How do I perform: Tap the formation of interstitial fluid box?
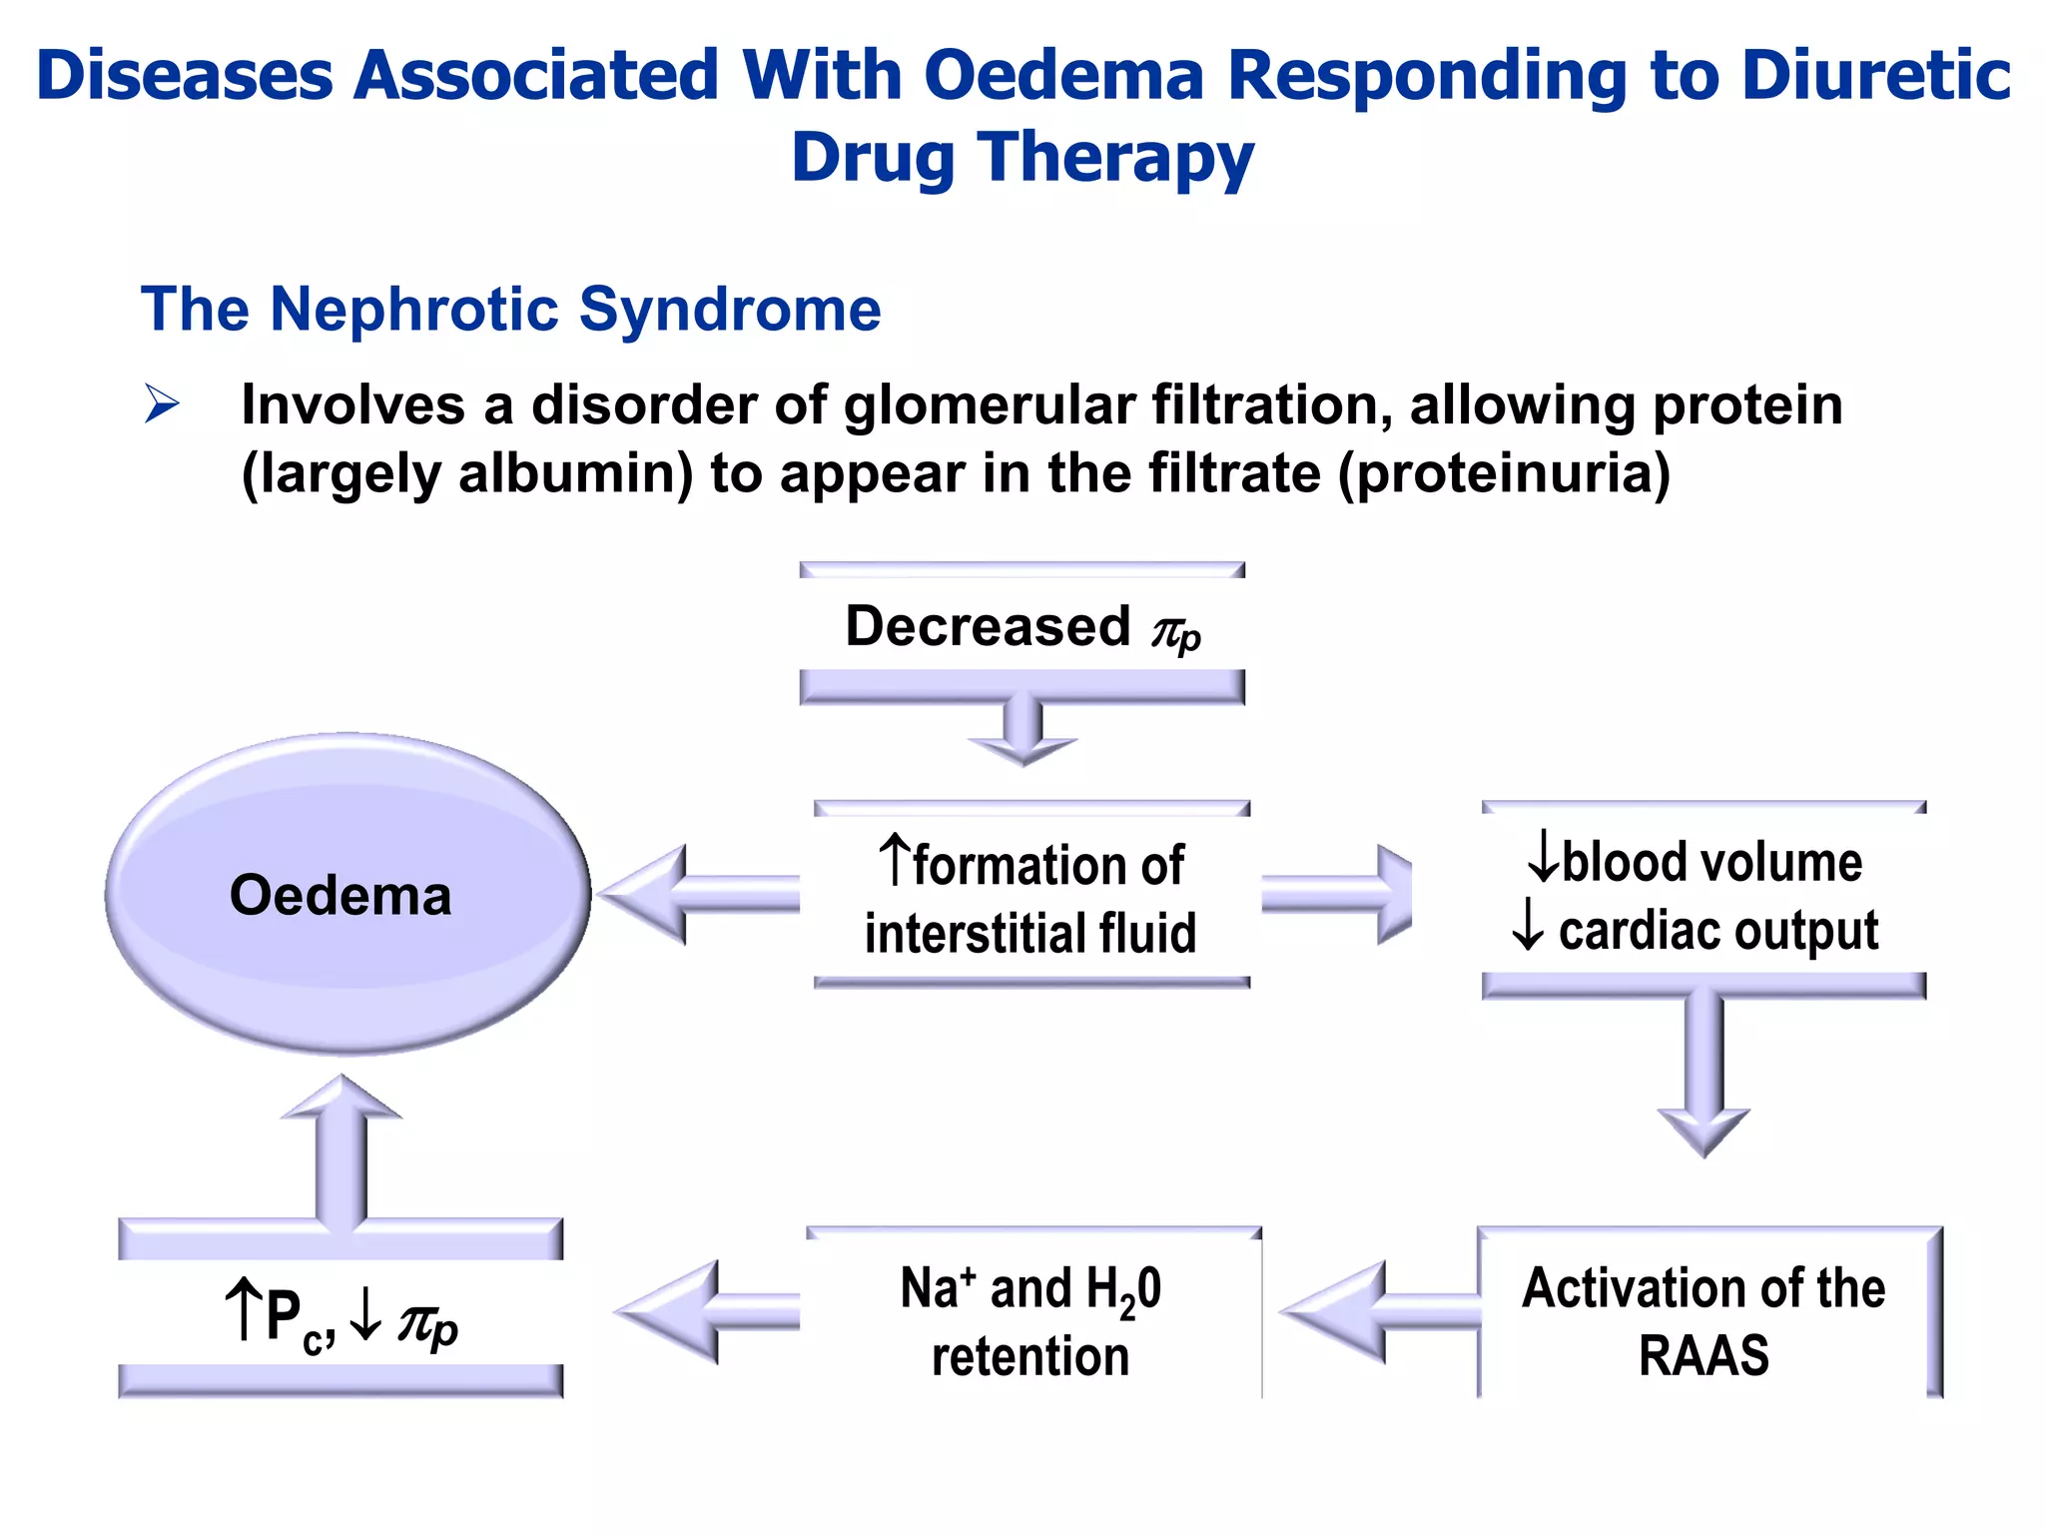1030,896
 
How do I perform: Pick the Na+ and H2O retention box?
1030,1318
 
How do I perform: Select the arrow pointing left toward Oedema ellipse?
699,894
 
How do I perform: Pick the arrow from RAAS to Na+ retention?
1378,1311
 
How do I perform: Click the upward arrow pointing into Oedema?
341,1149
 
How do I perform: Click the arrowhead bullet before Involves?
162,403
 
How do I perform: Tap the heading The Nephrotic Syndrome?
510,309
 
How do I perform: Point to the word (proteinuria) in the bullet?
1503,473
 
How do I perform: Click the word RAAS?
1704,1355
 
